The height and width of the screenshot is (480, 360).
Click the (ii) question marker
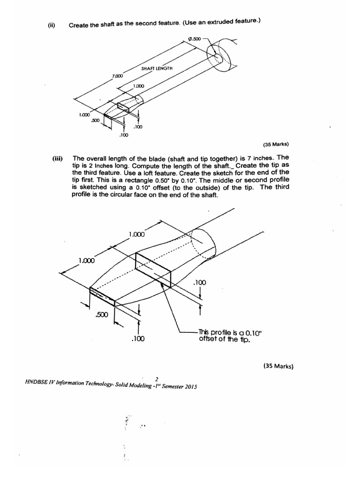(x=52, y=25)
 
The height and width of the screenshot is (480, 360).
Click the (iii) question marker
(x=58, y=158)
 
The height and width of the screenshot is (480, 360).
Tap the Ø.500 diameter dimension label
(x=195, y=39)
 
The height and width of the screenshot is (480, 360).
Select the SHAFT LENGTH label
(x=157, y=68)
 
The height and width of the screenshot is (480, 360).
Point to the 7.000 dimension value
(x=117, y=75)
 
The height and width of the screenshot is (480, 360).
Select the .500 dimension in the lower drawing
(x=102, y=315)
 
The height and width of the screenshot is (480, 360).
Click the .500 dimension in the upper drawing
(x=95, y=120)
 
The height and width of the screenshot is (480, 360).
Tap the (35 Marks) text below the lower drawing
(x=278, y=366)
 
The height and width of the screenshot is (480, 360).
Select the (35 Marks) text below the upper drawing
(x=276, y=144)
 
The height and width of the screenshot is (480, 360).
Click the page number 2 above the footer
(x=157, y=379)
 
